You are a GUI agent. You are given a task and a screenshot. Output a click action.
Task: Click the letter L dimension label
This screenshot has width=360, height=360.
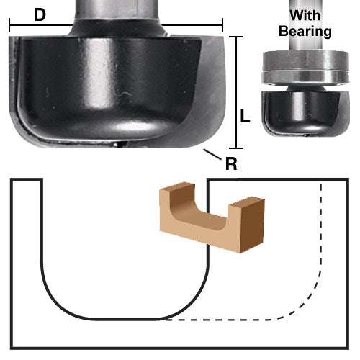click(x=245, y=116)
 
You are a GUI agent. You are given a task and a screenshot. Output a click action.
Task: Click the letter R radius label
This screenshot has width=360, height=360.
click(x=231, y=163)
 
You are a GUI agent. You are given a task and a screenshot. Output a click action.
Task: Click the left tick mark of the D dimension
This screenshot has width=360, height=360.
click(x=10, y=25)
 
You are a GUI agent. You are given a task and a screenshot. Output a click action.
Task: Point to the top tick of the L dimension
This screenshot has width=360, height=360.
click(x=237, y=36)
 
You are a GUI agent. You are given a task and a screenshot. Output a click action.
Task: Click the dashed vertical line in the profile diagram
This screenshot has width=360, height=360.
click(x=321, y=230)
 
